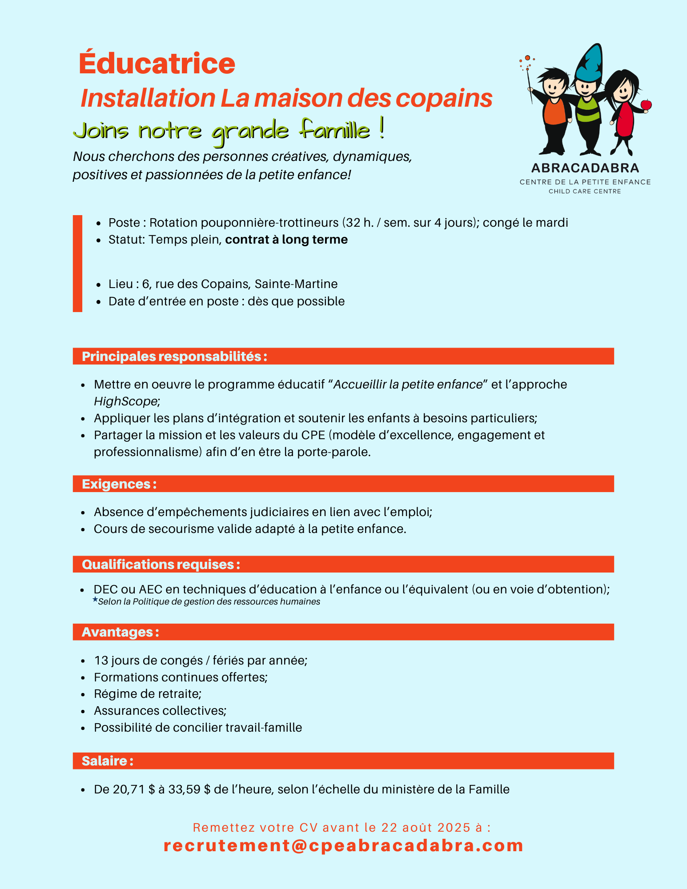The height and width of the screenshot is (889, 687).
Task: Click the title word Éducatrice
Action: pyautogui.click(x=157, y=64)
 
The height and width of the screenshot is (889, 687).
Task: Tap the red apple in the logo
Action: pyautogui.click(x=646, y=105)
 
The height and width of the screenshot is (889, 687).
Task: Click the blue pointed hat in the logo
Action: pyautogui.click(x=589, y=63)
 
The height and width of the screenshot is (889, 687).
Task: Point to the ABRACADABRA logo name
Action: pyautogui.click(x=585, y=168)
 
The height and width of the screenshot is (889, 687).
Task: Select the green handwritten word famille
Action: pyautogui.click(x=334, y=130)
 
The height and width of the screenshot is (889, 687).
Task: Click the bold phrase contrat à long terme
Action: pyautogui.click(x=286, y=240)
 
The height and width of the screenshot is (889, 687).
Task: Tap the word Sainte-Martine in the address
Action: pyautogui.click(x=296, y=284)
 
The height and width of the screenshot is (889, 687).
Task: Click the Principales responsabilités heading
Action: pyautogui.click(x=174, y=356)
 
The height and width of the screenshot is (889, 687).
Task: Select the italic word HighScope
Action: pyautogui.click(x=125, y=401)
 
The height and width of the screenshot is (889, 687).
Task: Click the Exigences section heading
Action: pyautogui.click(x=119, y=484)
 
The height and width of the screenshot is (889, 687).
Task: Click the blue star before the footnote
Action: pyautogui.click(x=95, y=600)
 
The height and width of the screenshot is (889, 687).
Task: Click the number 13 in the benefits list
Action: pyautogui.click(x=101, y=661)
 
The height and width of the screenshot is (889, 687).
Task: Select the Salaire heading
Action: pyautogui.click(x=107, y=761)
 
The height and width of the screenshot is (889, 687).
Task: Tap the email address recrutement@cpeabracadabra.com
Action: pyautogui.click(x=343, y=845)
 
